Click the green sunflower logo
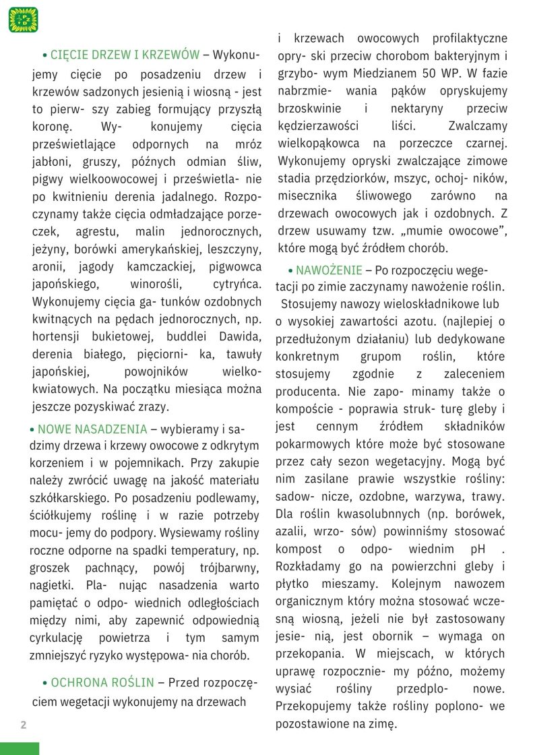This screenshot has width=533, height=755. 23,20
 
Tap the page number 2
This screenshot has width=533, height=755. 24,725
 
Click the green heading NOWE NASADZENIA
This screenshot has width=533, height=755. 92,429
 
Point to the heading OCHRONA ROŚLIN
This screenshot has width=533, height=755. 102,682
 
